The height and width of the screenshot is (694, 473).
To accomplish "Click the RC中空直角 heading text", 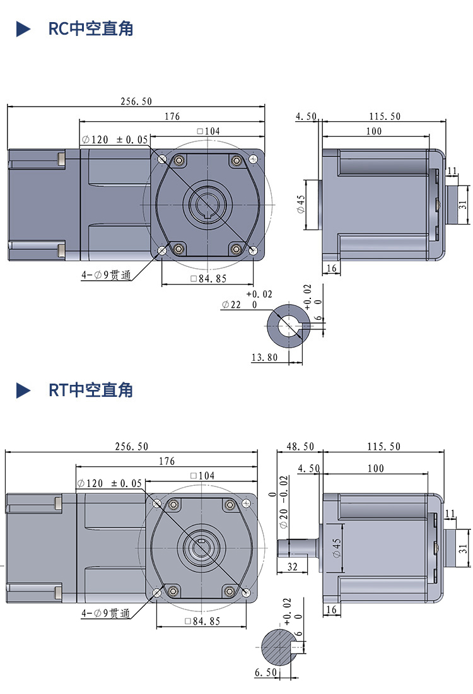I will pyautogui.click(x=91, y=29).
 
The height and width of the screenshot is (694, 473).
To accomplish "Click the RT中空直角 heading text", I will pyautogui.click(x=91, y=390).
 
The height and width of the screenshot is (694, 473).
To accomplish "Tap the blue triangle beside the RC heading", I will pyautogui.click(x=23, y=29).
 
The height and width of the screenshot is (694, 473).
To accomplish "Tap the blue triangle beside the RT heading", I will pyautogui.click(x=23, y=390).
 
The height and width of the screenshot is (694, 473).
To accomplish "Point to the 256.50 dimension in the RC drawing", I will pyautogui.click(x=136, y=101).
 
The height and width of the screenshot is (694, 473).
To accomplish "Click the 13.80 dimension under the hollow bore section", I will pyautogui.click(x=264, y=357).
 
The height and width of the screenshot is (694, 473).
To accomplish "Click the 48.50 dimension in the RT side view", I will pyautogui.click(x=300, y=446).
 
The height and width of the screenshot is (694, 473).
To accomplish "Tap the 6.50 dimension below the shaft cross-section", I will pyautogui.click(x=266, y=673).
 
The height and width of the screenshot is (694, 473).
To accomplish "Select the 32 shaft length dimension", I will pyautogui.click(x=292, y=567).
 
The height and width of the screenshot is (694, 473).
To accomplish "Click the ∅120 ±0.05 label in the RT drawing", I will pyautogui.click(x=110, y=483).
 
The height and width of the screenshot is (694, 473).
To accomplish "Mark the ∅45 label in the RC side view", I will pyautogui.click(x=301, y=203).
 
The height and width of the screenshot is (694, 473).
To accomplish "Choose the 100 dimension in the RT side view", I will pyautogui.click(x=376, y=468).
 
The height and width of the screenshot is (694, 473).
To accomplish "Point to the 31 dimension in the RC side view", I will pyautogui.click(x=462, y=204).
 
